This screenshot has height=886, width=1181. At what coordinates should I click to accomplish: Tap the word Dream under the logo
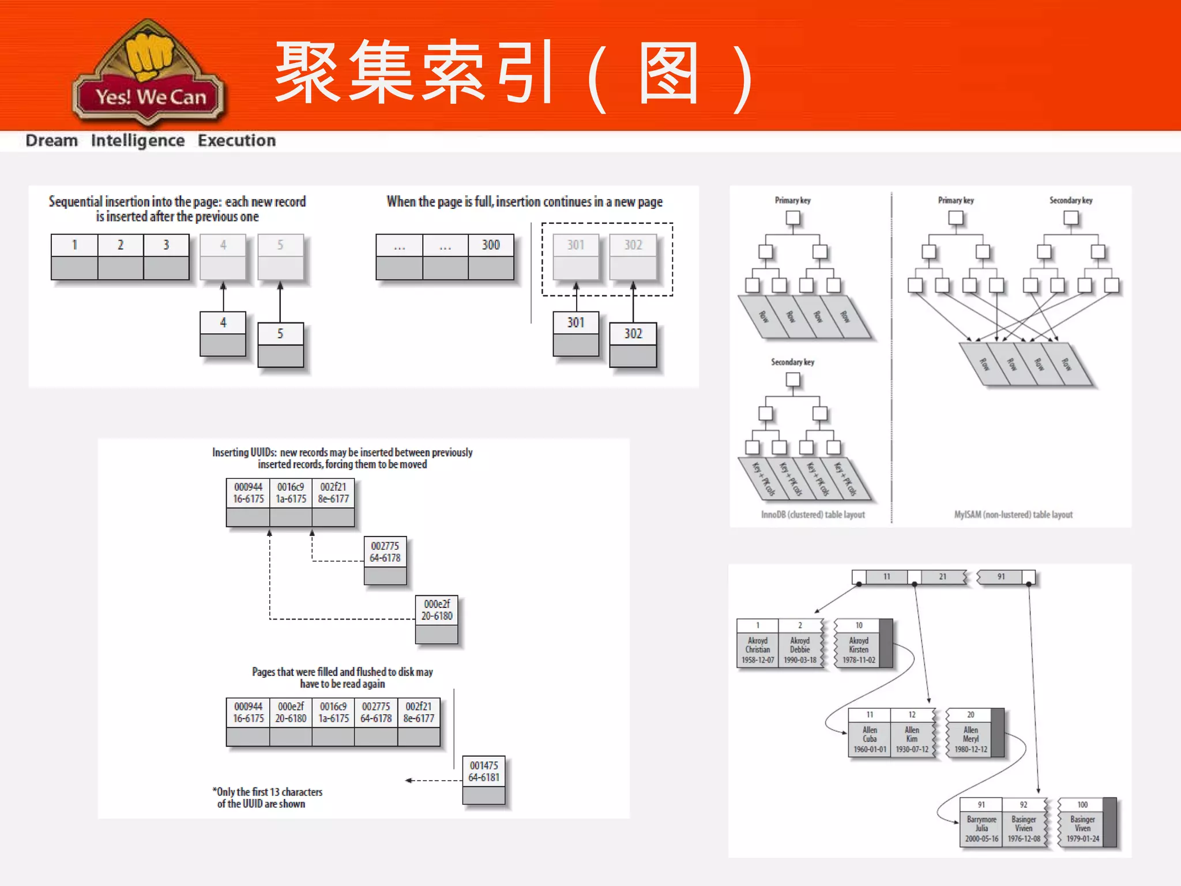pyautogui.click(x=51, y=141)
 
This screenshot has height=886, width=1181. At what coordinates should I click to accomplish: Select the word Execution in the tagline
pyautogui.click(x=236, y=141)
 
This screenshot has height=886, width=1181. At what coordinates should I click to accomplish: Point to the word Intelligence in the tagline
pyautogui.click(x=138, y=141)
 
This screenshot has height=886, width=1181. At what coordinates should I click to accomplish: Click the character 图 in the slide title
pyautogui.click(x=668, y=74)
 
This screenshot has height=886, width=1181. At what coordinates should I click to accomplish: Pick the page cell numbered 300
pyautogui.click(x=491, y=245)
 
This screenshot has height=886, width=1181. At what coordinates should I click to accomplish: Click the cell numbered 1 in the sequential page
pyautogui.click(x=74, y=245)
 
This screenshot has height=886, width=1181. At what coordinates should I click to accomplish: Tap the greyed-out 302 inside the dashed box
pyautogui.click(x=633, y=245)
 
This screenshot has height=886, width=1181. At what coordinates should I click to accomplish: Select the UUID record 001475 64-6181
pyautogui.click(x=483, y=772)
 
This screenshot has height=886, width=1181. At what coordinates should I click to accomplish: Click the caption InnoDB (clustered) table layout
pyautogui.click(x=813, y=515)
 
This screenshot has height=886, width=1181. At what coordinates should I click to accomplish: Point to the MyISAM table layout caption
pyautogui.click(x=1013, y=515)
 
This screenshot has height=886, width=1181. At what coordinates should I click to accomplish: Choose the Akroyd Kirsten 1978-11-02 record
pyautogui.click(x=859, y=650)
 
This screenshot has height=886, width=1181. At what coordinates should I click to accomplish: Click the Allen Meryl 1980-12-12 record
pyautogui.click(x=971, y=739)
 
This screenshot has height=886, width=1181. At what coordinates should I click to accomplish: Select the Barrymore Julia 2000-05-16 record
pyautogui.click(x=981, y=829)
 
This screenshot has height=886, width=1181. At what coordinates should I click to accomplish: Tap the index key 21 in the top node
pyautogui.click(x=942, y=577)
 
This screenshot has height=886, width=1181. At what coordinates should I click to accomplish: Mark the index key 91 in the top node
pyautogui.click(x=1001, y=577)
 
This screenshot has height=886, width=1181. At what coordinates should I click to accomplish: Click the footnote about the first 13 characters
pyautogui.click(x=267, y=798)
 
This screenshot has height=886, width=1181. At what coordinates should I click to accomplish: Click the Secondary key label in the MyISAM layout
pyautogui.click(x=1070, y=201)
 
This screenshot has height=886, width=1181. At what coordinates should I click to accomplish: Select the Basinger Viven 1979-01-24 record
pyautogui.click(x=1082, y=829)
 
